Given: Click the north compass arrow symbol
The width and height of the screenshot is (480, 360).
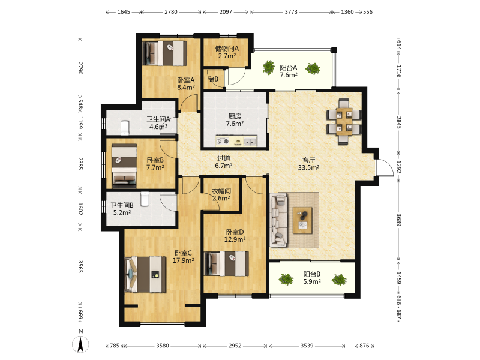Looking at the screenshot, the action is pos(80,344).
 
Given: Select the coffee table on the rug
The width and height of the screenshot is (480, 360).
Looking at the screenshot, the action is pos(302,220).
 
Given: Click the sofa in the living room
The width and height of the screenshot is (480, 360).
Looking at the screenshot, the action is pos(278,220).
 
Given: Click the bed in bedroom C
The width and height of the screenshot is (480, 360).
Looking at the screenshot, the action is pos(146,274).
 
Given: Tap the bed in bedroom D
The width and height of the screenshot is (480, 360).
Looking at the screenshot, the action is pos(227,263).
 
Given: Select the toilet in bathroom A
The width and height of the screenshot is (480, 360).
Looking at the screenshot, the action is pos(125,128).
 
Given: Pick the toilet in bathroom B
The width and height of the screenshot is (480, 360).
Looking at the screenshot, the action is pos(145,199).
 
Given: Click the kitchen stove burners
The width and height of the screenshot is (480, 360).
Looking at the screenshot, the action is pos(223,141).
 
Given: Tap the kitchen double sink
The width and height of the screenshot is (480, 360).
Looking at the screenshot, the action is pos(250,142).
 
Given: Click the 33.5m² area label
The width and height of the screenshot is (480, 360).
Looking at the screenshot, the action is pos(308,167).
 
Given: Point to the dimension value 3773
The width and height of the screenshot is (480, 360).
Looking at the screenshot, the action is pos(291,12).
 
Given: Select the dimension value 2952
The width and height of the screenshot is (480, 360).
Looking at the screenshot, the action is pos(235,346).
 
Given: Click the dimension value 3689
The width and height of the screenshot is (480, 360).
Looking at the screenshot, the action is pos(398,220).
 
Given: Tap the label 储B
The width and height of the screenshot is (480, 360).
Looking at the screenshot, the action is pos(213,79).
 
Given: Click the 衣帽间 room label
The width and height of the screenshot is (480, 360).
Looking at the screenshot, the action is pos(221,191).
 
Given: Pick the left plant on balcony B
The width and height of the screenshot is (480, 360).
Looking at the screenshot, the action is pos(286,279).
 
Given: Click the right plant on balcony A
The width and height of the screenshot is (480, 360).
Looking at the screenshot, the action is pos(313,68).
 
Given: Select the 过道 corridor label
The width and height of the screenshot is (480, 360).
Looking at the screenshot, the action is pos(223,158).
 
